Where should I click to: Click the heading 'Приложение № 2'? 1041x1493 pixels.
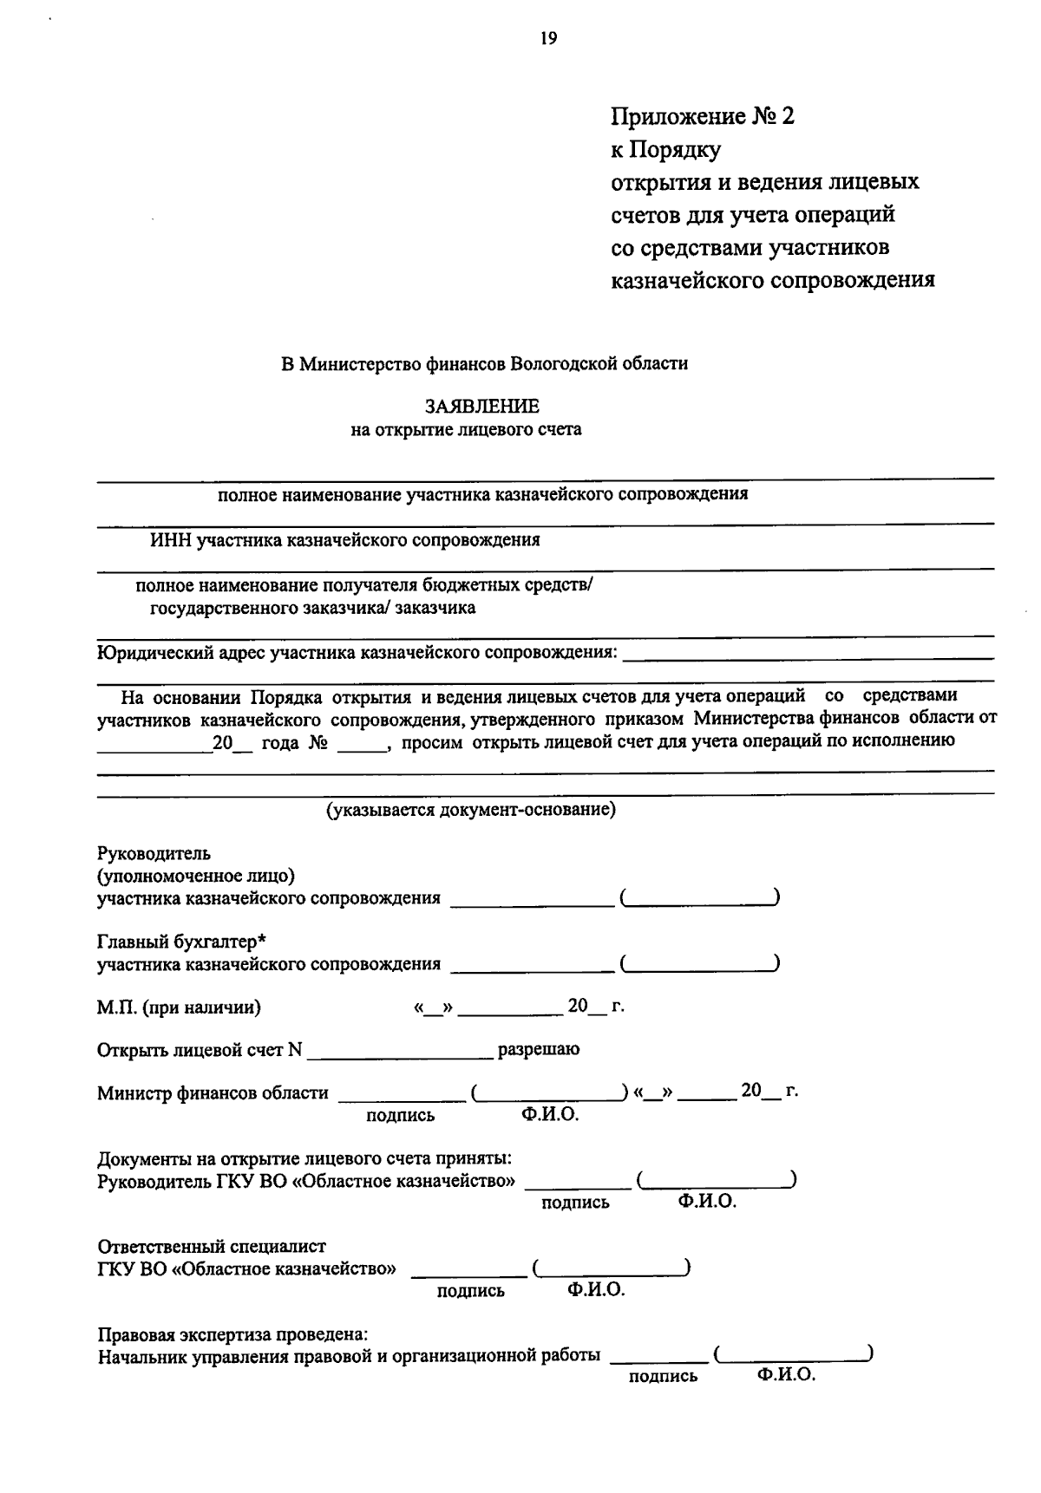point(702,116)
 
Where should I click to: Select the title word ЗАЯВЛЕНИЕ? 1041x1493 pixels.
point(481,407)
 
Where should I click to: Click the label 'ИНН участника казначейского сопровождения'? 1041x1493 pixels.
point(344,541)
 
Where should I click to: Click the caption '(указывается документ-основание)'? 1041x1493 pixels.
point(470,810)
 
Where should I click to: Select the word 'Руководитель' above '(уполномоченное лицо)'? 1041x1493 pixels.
point(154,854)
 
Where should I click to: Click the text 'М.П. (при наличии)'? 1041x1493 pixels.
point(180,1007)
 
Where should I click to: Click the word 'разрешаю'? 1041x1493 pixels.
point(538,1050)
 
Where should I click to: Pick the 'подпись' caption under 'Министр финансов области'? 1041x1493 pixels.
point(400,1116)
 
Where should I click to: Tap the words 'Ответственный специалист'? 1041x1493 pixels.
point(212,1247)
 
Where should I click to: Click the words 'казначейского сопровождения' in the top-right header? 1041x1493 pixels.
point(772,280)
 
